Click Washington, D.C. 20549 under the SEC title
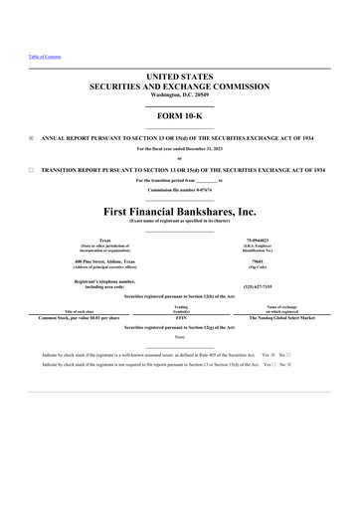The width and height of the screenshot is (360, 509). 180,93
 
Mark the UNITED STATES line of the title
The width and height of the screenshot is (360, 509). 180,76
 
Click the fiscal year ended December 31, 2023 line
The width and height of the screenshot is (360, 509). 180,148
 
